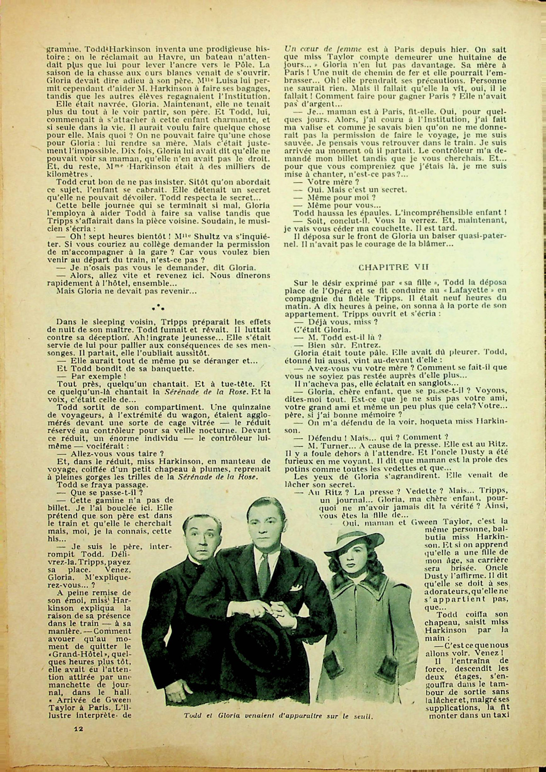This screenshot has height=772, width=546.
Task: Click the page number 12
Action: (78, 728)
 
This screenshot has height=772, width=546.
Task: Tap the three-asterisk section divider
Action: (158, 308)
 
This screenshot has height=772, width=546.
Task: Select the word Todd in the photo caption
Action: (192, 716)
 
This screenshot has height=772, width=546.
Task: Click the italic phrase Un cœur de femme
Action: (316, 49)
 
